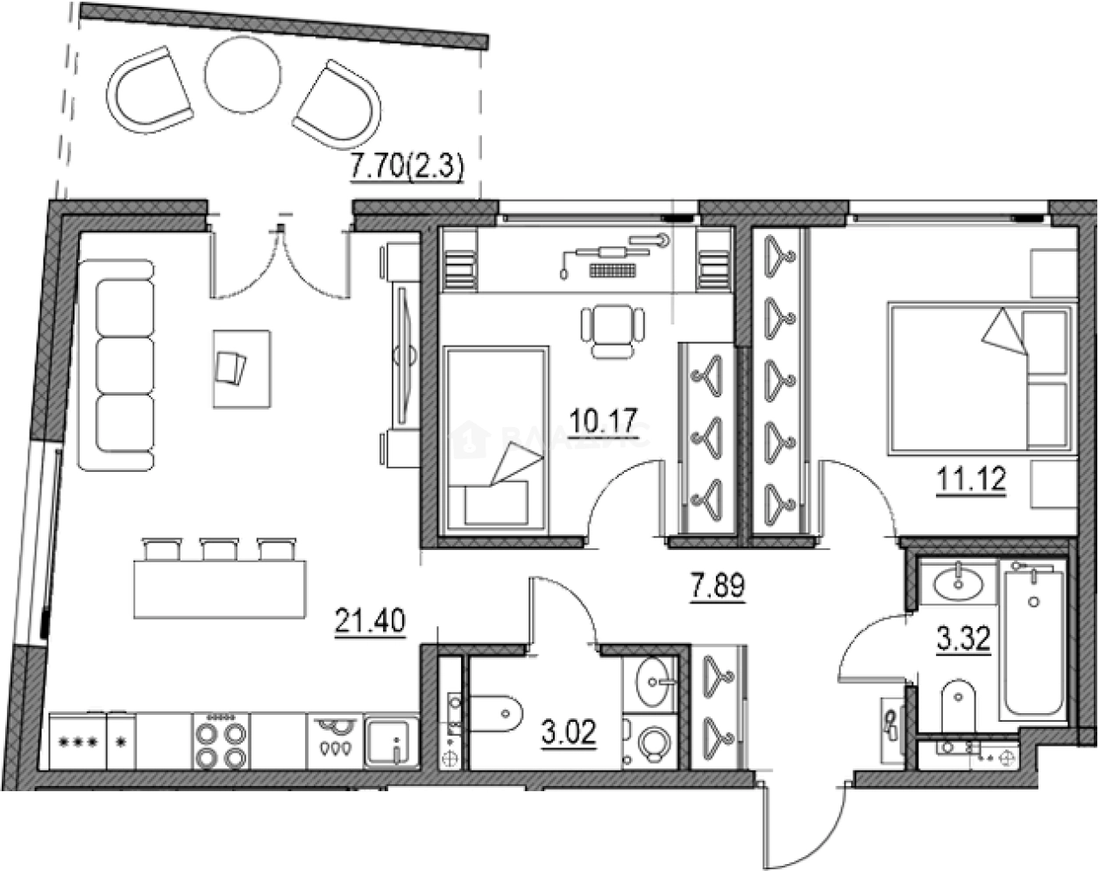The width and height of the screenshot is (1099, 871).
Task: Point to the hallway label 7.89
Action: (717, 586)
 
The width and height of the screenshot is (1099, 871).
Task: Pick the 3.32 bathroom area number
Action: (963, 639)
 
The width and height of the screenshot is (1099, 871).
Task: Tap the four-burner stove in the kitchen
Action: (220, 741)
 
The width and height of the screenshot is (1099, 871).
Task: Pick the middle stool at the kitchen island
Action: (215, 549)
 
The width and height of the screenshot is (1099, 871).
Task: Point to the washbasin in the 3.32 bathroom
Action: (956, 582)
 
